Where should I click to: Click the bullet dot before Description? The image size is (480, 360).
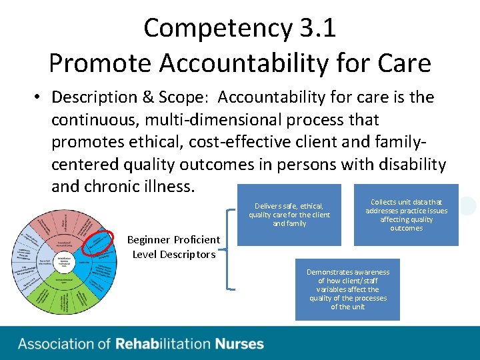39,98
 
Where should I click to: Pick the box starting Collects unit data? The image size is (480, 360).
406,215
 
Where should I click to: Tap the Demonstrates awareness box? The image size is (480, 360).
348,289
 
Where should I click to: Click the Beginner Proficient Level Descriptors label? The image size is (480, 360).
173,247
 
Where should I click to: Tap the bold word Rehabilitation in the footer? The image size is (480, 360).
163,344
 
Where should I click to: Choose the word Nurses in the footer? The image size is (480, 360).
239,344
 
